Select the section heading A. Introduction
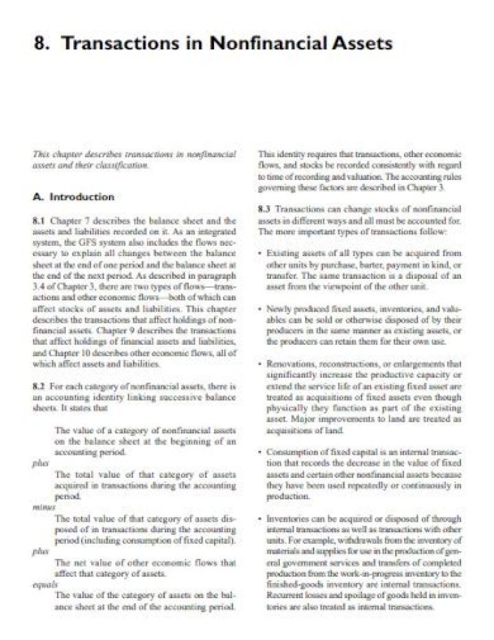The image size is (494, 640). click(73, 197)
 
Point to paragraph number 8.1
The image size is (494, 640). click(39, 222)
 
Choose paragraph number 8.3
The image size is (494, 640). click(265, 208)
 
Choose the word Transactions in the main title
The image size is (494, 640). click(118, 43)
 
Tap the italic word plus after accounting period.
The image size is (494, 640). click(40, 464)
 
